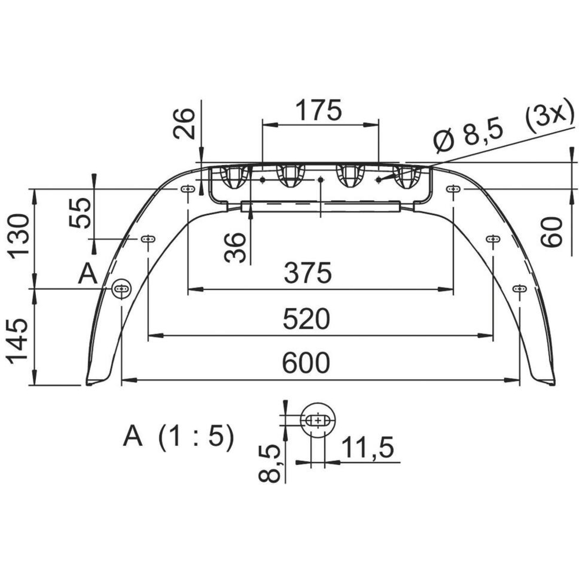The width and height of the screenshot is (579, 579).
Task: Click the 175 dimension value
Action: [319, 110]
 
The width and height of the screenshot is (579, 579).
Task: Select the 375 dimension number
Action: [308, 273]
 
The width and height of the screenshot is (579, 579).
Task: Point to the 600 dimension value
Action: [306, 362]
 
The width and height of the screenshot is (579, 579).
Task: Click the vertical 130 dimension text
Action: [19, 236]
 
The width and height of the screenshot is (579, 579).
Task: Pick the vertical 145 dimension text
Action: [17, 342]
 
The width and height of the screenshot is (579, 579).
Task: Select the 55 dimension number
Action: [80, 213]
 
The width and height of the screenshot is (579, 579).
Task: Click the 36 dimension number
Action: [235, 248]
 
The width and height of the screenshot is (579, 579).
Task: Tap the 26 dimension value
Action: [184, 123]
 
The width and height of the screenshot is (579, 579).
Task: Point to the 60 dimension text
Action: [551, 232]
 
